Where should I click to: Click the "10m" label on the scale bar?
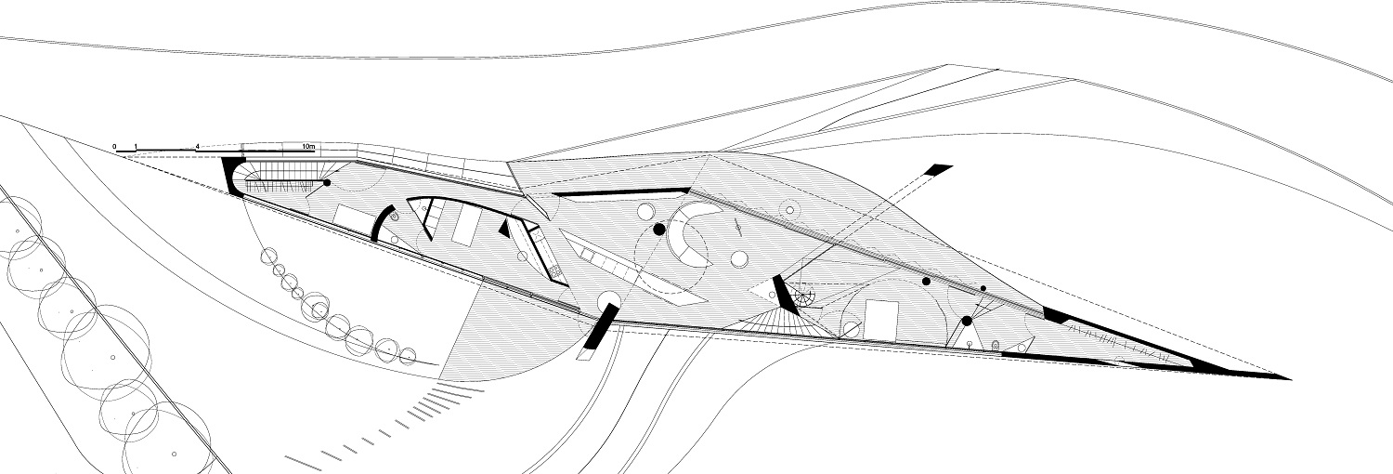click(x=309, y=146)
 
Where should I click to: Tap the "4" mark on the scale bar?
click(x=198, y=147)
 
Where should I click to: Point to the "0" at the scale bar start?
click(x=114, y=147)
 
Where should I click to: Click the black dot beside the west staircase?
click(x=327, y=183)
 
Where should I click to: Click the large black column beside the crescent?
click(x=659, y=230)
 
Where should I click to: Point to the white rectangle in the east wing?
click(x=881, y=319)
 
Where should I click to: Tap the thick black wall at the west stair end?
click(x=233, y=176)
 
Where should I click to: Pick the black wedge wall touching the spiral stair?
click(x=784, y=295)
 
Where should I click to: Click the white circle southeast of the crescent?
click(x=739, y=258)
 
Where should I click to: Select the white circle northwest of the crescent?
click(x=646, y=212)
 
